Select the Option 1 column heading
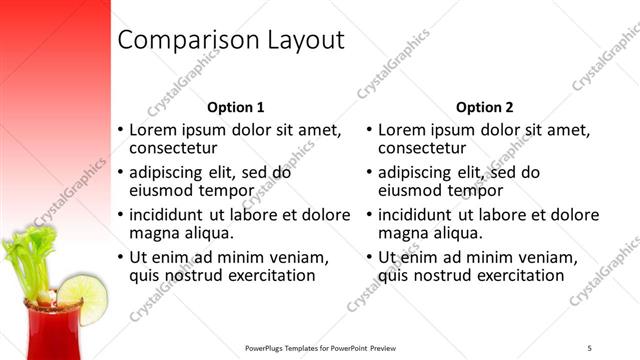click(x=236, y=107)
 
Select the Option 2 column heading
click(x=484, y=107)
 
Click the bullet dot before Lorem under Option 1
click(x=121, y=131)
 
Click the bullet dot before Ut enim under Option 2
click(x=370, y=257)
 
